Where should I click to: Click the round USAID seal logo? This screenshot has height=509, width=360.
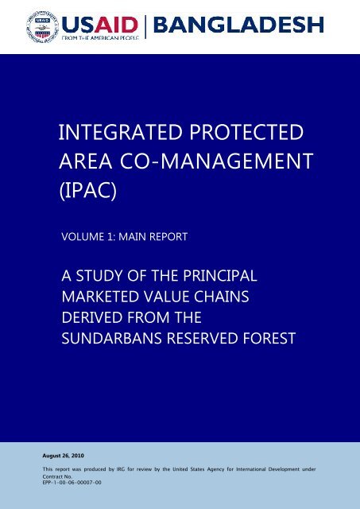(x=42, y=26)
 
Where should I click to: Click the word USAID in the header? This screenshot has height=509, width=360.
(x=100, y=25)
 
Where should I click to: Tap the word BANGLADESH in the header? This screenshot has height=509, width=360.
(x=238, y=25)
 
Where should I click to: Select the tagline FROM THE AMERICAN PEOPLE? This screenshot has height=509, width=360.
(x=101, y=37)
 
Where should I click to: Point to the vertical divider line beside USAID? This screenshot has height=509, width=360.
(x=145, y=27)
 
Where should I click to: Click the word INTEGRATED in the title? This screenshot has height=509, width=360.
(x=121, y=132)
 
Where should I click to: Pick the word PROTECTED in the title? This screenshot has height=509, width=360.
(x=246, y=132)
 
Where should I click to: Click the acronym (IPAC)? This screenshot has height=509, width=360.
(x=88, y=191)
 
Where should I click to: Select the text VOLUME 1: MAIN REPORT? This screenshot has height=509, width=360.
(x=125, y=236)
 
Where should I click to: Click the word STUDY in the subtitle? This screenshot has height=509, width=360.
(x=99, y=276)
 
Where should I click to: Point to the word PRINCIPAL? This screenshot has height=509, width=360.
(x=220, y=276)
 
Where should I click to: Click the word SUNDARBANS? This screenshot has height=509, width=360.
(x=111, y=338)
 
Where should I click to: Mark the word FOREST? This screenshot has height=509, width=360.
(x=269, y=338)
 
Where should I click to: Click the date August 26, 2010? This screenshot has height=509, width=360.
(x=64, y=456)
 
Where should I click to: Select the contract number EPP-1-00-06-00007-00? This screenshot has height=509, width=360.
(x=72, y=483)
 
